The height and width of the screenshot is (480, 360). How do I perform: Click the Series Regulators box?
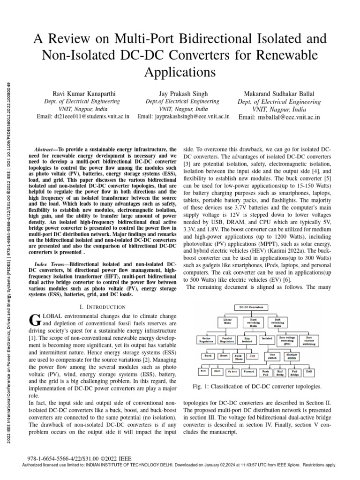pos(206,339)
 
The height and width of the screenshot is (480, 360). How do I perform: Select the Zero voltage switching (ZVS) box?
pos(286,340)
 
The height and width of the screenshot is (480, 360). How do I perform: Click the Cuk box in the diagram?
pos(252,356)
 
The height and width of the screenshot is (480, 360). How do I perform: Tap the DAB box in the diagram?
pos(309,371)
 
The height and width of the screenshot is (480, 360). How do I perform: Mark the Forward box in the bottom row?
pos(249,371)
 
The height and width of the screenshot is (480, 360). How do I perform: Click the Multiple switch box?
pos(292,357)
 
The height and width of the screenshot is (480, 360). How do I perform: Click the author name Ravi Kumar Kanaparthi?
pos(77,94)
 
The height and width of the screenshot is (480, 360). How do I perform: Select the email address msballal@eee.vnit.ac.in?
pos(279,117)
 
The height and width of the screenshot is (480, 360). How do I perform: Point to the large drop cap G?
pos(34,320)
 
